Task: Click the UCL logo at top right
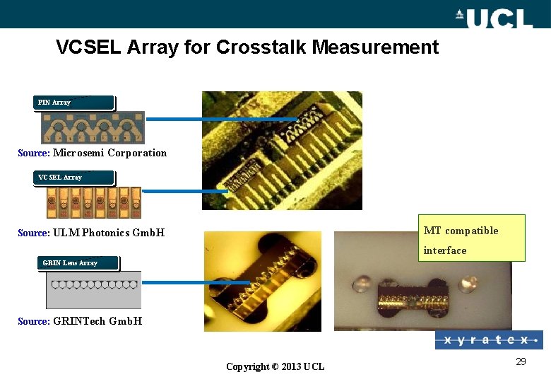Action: [x=494, y=17]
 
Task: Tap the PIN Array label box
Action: [x=73, y=103]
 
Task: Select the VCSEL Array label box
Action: [x=73, y=178]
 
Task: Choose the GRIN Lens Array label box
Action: [x=78, y=263]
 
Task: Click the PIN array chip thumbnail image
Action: [x=92, y=127]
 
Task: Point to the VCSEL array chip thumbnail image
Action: [x=90, y=202]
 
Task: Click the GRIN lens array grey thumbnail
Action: [x=93, y=291]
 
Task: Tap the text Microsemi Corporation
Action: [x=110, y=153]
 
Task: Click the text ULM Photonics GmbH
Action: [x=109, y=233]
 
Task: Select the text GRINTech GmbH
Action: [x=97, y=321]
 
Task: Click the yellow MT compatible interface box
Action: [x=471, y=238]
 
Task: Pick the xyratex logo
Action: [x=489, y=340]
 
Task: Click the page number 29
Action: [x=521, y=362]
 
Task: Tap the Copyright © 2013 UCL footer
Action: [x=275, y=366]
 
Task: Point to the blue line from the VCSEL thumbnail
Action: [x=184, y=191]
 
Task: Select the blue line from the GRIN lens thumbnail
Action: [x=196, y=282]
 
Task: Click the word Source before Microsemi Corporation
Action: [x=33, y=153]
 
